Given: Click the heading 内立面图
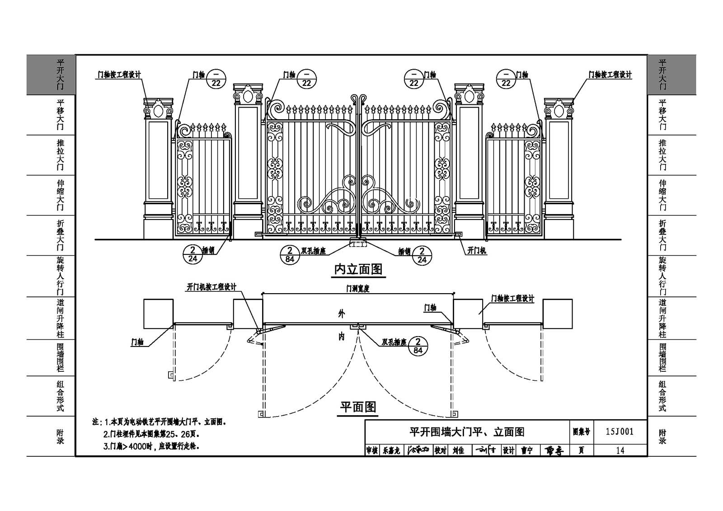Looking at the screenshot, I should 358,270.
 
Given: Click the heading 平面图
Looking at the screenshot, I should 358,407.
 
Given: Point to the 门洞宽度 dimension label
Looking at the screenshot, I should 358,289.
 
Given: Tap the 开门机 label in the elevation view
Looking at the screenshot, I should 477,251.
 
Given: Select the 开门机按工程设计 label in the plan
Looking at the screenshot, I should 211,287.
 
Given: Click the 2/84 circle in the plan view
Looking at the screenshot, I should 418,346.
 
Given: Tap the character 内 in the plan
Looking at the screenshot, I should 342,337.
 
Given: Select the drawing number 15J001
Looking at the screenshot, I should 620,431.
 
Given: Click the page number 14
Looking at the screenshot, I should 620,450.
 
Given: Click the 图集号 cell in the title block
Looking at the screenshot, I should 581,431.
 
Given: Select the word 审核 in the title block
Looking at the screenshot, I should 372,450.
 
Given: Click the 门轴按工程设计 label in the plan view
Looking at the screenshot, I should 513,299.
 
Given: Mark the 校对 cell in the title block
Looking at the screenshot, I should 440,450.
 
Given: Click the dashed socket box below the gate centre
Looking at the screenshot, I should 358,244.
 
